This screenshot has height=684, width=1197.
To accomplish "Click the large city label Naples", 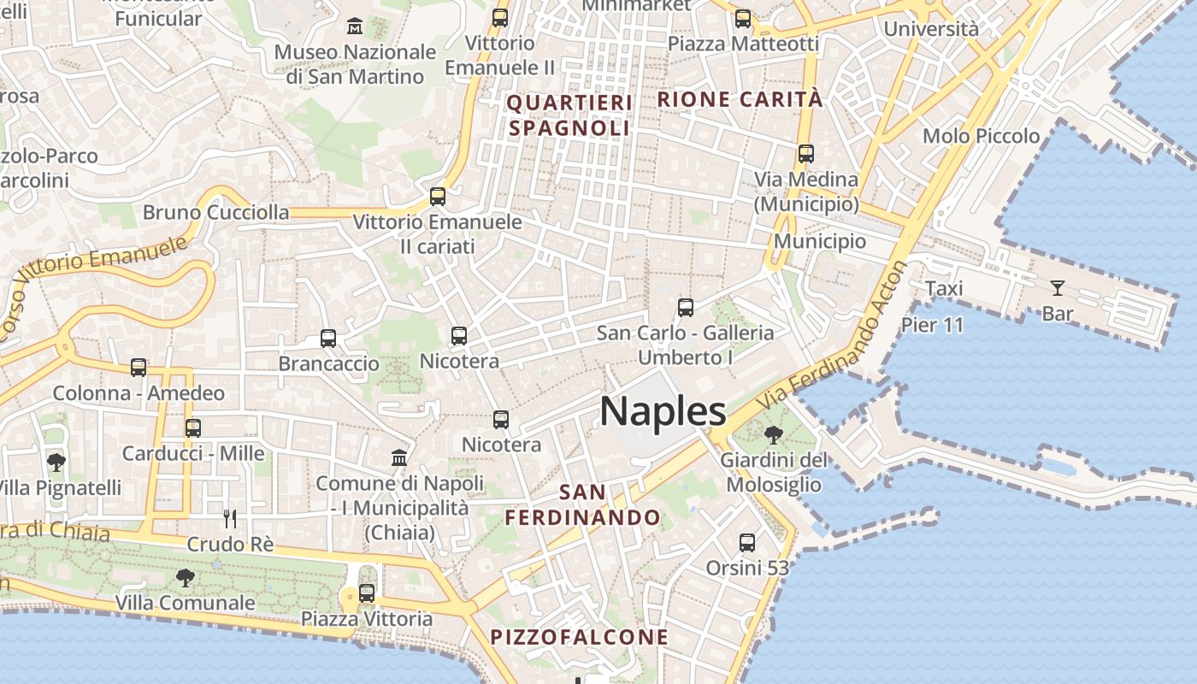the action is [663, 411].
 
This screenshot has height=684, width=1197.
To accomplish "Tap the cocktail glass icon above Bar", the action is [1058, 287].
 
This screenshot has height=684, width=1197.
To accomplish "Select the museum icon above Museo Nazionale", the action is [355, 27].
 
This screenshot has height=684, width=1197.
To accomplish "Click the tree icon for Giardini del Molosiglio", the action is [774, 435].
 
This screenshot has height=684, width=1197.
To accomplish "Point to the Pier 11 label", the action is [932, 325].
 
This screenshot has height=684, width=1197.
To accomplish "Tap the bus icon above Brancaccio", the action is [328, 339].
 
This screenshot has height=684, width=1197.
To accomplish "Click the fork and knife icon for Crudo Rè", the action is [229, 518].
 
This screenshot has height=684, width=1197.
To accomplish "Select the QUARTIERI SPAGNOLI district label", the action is [570, 115].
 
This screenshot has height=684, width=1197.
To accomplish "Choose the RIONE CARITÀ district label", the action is [740, 99].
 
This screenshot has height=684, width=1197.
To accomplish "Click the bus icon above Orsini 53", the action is [747, 542].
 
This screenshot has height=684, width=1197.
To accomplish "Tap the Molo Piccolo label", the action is [981, 136].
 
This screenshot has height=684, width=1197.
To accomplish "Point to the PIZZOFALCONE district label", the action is [580, 637].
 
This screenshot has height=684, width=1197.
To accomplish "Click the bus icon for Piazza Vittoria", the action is [367, 593].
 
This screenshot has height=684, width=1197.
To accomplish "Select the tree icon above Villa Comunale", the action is [185, 578].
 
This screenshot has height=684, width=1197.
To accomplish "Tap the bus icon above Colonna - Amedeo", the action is [139, 368].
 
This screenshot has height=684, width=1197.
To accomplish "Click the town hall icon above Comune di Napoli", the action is [399, 457].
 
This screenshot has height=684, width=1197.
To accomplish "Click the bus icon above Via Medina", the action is [806, 154].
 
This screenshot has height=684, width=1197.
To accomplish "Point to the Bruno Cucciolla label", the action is [216, 212].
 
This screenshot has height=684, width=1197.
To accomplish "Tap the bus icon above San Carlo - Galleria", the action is [685, 308].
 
